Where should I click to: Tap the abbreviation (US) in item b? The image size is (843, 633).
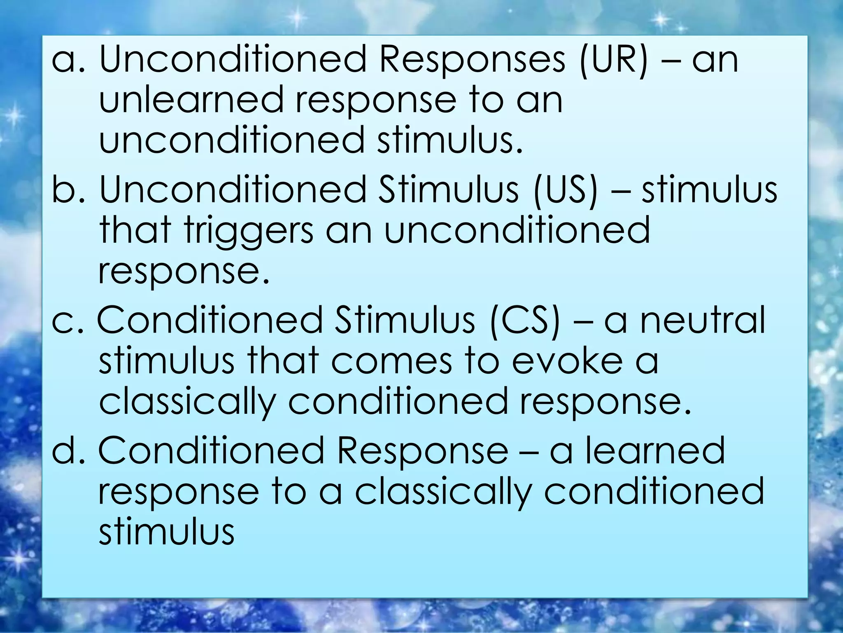click(565, 190)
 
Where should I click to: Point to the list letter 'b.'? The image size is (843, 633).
click(68, 190)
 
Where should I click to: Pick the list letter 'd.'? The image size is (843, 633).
click(68, 451)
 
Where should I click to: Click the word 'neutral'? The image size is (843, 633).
click(702, 321)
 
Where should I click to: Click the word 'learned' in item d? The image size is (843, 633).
click(654, 451)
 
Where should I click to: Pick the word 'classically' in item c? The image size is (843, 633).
click(187, 402)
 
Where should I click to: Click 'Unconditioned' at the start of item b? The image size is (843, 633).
click(233, 190)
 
